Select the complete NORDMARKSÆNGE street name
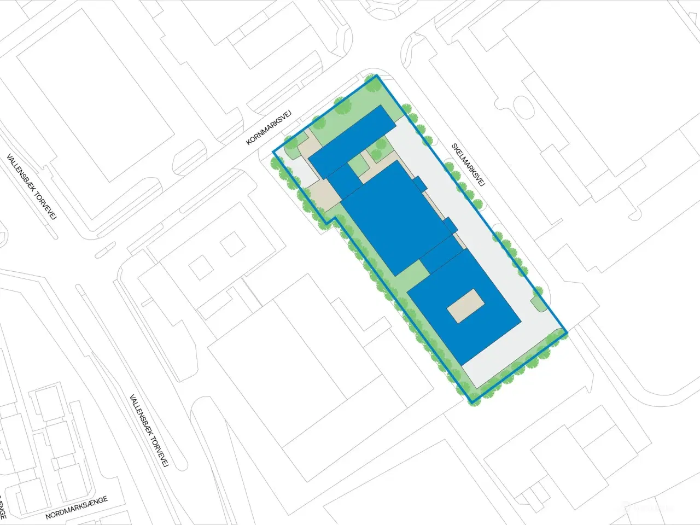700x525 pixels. point(77,507)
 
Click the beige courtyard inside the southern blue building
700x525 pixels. point(466,307)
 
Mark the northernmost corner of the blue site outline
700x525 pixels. point(377,76)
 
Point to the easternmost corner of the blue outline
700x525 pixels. point(566,332)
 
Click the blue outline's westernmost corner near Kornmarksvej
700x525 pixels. point(274,151)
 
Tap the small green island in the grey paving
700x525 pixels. point(538,303)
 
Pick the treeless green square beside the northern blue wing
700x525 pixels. point(358,165)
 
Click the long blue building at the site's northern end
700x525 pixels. point(353,141)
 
